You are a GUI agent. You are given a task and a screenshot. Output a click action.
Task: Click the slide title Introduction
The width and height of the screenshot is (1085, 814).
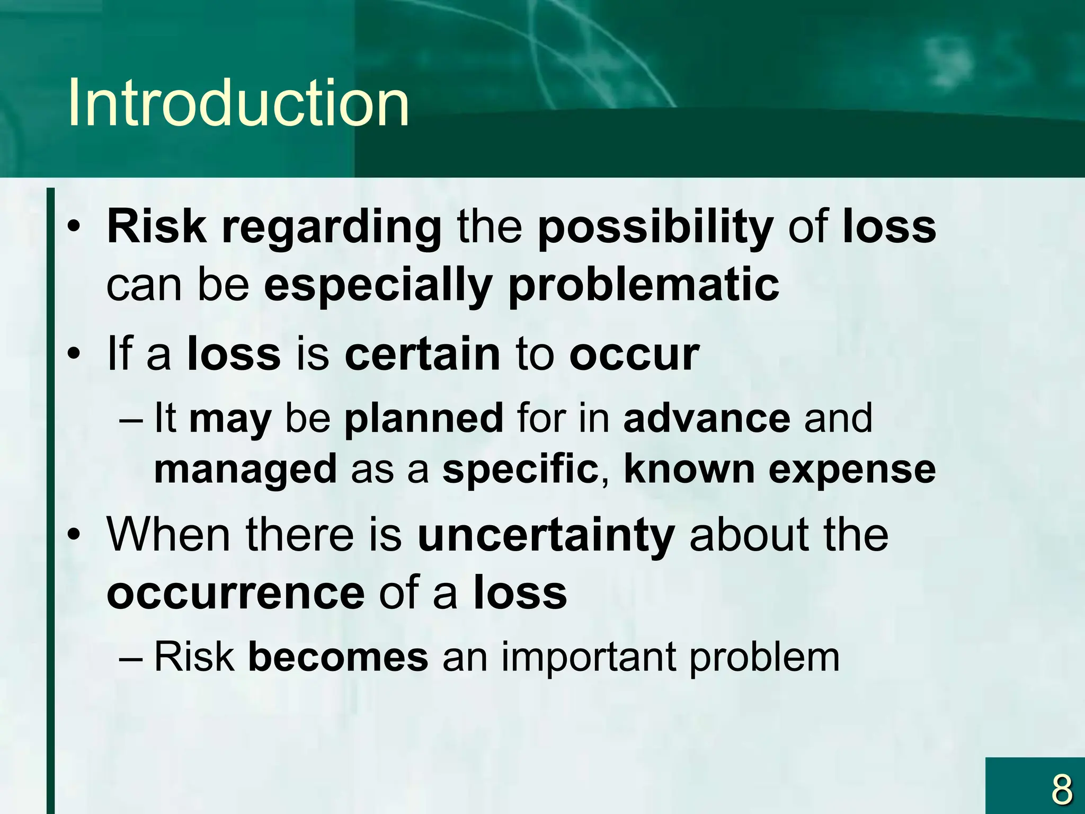pos(238,103)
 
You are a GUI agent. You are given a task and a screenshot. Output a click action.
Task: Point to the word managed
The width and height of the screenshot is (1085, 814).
pos(245,470)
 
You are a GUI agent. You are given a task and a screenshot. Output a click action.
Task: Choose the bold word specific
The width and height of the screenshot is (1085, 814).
pos(520,470)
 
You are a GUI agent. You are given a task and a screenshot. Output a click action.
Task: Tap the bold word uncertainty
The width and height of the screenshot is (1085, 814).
pos(546,535)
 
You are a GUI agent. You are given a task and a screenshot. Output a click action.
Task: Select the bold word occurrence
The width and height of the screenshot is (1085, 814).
pos(235,592)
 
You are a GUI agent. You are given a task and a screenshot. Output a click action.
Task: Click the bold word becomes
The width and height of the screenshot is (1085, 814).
pos(338,657)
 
